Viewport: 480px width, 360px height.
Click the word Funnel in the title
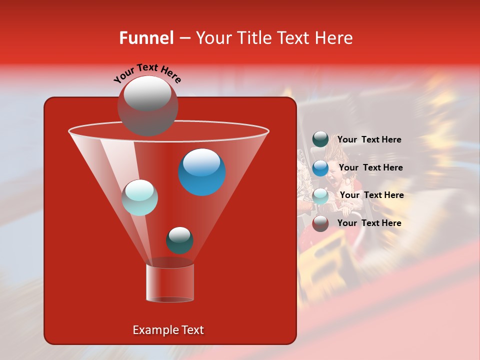click(146, 38)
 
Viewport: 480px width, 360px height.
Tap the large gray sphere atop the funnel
click(147, 105)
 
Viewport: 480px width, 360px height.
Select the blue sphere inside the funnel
click(202, 171)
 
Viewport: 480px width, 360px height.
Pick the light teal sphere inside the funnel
click(140, 197)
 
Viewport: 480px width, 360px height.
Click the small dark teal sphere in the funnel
click(179, 240)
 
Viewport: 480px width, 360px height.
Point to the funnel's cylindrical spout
click(170, 282)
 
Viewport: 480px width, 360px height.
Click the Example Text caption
click(168, 330)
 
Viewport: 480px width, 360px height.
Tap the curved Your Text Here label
click(147, 72)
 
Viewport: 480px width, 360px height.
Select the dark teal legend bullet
click(320, 139)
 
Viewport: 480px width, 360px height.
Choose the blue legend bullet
click(320, 168)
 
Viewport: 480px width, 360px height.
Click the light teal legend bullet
click(320, 196)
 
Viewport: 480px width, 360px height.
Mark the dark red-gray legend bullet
click(320, 223)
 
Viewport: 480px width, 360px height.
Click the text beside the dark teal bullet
click(369, 140)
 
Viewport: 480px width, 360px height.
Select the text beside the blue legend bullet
click(370, 168)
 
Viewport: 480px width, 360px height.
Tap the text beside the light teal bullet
click(371, 195)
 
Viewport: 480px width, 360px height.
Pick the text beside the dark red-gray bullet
click(369, 223)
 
